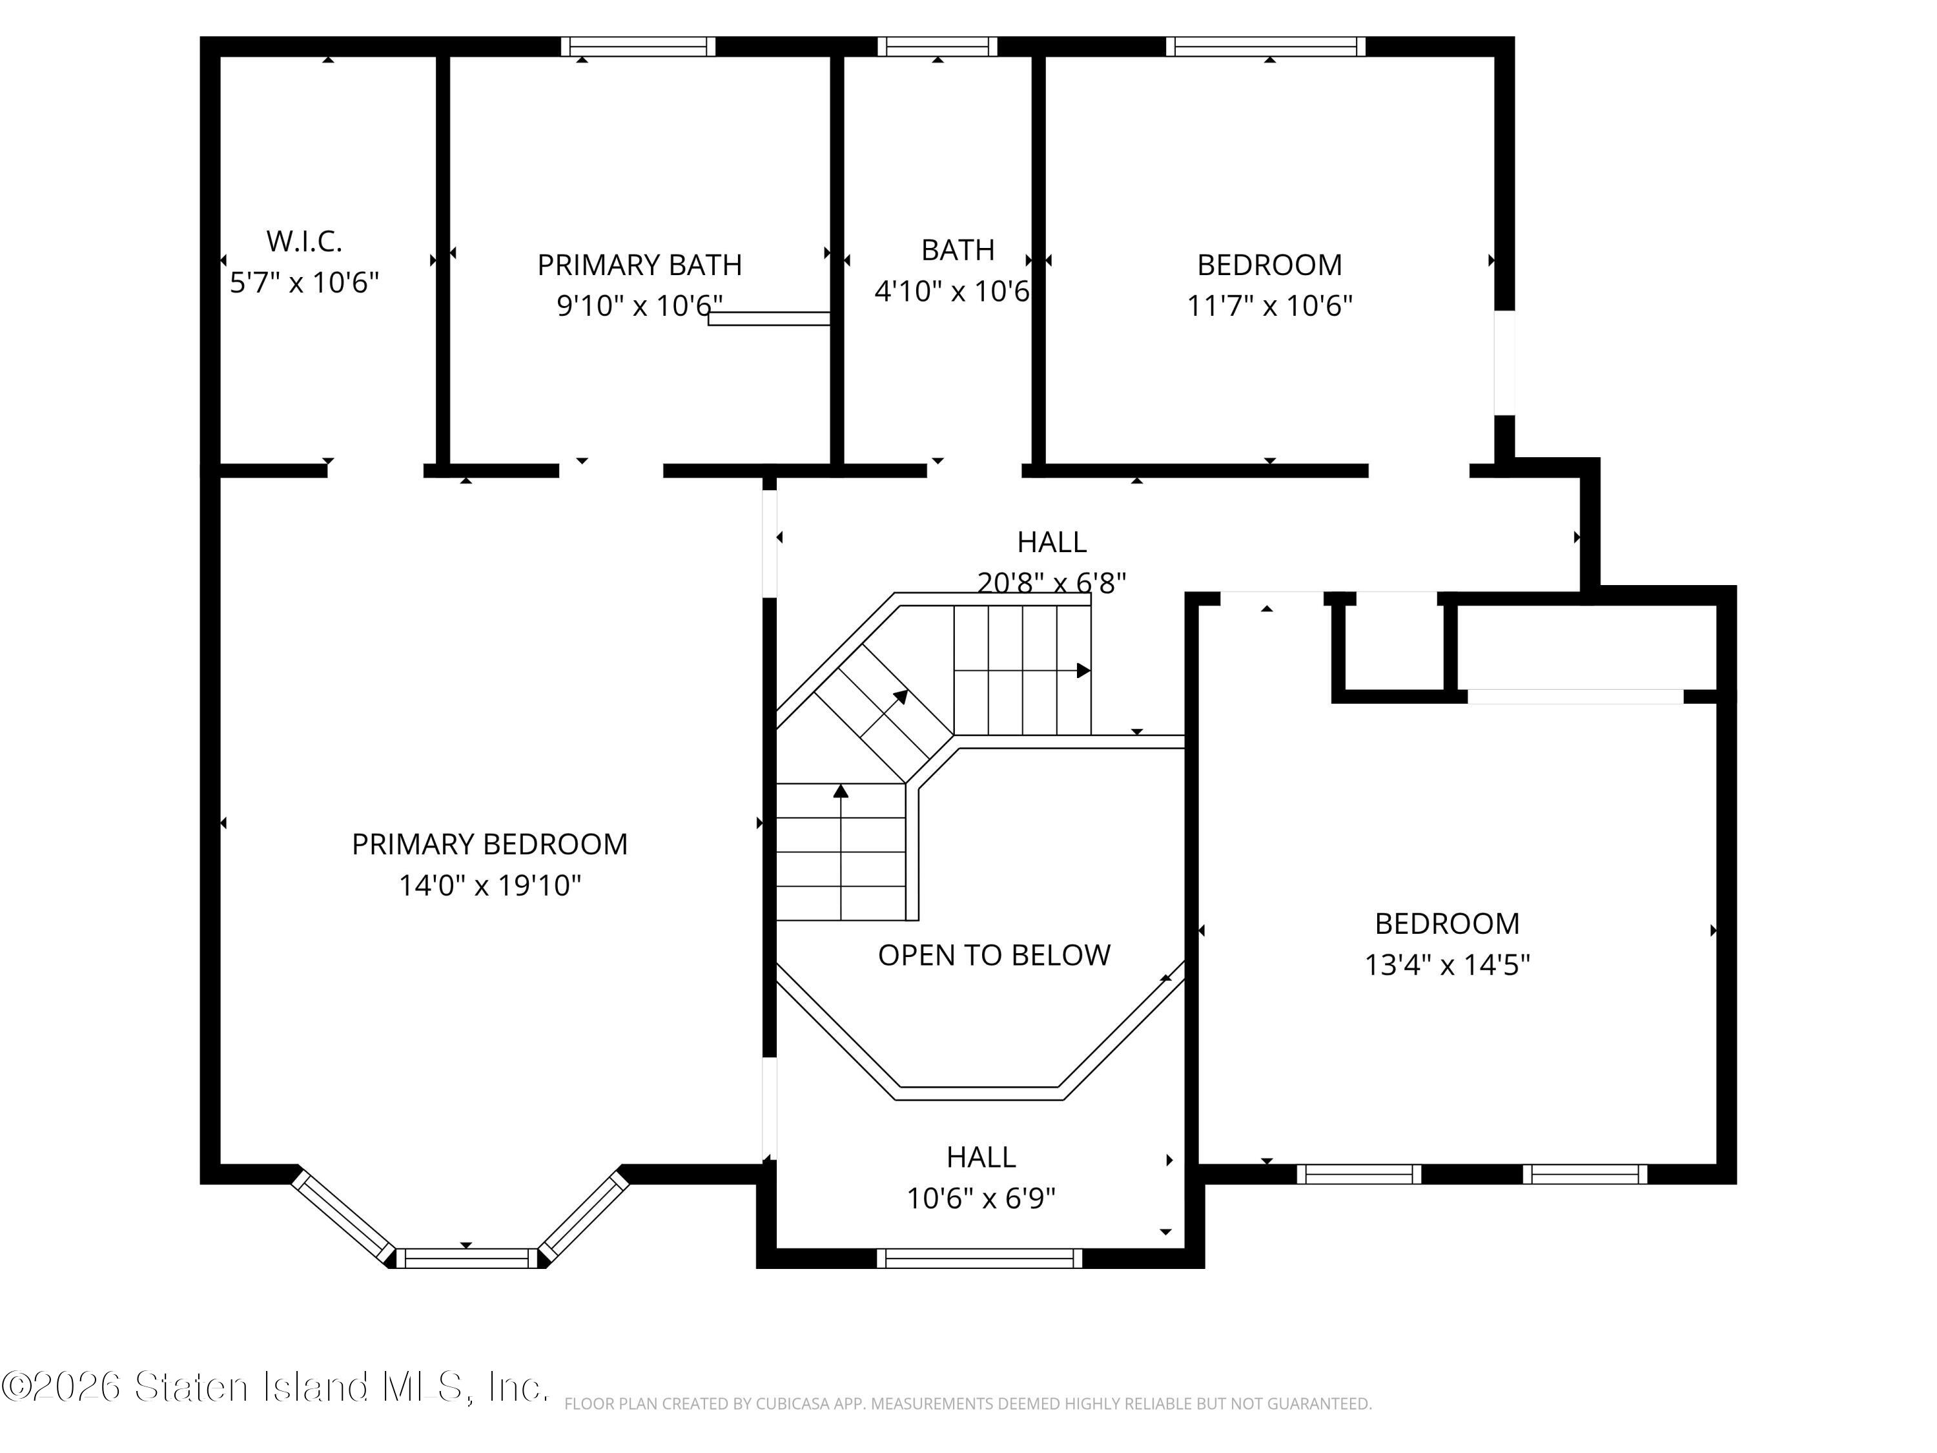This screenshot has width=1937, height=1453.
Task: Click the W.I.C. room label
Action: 304,240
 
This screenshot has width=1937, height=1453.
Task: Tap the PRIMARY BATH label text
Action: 639,265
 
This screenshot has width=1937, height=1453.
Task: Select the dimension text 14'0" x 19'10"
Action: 489,885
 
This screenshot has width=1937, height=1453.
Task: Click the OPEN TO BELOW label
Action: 994,954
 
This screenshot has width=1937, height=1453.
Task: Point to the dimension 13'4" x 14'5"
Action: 1447,964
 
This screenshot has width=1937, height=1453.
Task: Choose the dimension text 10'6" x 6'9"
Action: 981,1198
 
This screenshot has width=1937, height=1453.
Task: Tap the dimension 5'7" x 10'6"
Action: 304,283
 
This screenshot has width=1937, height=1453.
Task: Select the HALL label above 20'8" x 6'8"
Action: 1052,542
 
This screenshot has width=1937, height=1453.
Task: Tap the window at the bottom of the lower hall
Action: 979,1259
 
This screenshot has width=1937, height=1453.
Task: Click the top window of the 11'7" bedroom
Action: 1266,46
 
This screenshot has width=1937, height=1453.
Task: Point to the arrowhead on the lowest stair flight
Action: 841,791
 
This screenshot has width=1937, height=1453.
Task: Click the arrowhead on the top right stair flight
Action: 1083,670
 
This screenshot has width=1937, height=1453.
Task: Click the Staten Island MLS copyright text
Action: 275,1386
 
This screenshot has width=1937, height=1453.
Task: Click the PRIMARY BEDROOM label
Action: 489,844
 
